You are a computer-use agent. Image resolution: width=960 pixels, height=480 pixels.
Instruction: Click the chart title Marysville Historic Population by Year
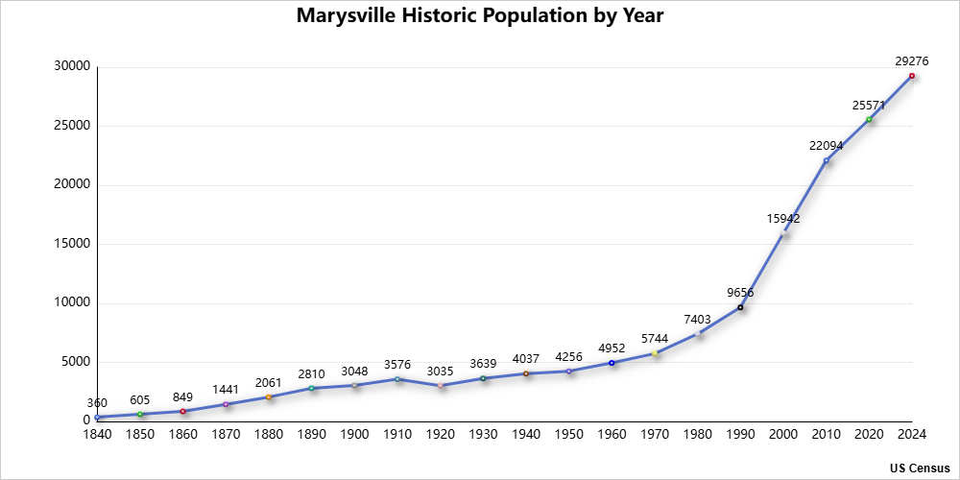tap(480, 16)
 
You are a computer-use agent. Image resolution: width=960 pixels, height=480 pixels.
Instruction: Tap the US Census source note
tap(919, 468)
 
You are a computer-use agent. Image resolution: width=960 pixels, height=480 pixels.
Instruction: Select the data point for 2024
tap(911, 76)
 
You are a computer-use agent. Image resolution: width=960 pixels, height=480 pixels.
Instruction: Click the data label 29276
tap(911, 61)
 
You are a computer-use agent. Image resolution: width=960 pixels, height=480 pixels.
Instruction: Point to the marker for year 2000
tap(783, 233)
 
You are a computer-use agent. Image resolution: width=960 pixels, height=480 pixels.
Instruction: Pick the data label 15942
tap(783, 219)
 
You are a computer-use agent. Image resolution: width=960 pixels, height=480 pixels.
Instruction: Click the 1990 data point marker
tap(740, 307)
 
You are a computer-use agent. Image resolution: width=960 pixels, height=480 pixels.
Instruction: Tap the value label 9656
tap(740, 293)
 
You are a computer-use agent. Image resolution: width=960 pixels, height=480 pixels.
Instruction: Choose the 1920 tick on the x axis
tap(440, 435)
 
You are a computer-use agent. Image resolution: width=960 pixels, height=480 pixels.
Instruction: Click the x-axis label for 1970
tap(655, 435)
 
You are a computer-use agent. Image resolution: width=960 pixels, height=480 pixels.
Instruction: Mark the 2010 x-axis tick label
tap(826, 435)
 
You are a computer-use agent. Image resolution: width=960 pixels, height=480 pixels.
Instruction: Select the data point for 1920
tap(440, 385)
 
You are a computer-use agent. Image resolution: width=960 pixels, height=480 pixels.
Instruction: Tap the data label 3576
tap(397, 365)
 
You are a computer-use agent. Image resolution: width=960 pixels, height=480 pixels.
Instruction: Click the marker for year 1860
tap(182, 411)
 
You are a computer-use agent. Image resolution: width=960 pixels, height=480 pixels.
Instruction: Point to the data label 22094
tap(826, 146)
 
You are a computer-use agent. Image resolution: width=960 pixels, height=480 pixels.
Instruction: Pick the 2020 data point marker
tap(869, 120)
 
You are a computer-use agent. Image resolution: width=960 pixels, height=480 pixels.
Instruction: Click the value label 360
tap(97, 403)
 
